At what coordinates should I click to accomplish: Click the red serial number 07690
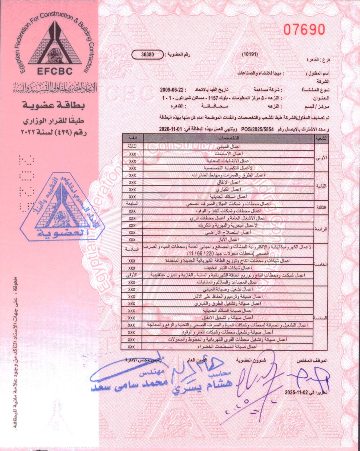pos(304,30)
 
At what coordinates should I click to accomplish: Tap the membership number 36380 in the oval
pos(147,54)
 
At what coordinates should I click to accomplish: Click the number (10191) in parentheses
pos(250,54)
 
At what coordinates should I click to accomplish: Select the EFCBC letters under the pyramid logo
pos(55,71)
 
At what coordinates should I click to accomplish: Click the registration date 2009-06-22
pos(171,90)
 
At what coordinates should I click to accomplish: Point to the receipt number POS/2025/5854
pos(257,129)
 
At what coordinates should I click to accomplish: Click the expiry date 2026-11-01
pos(170,129)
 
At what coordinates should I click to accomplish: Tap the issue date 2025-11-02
pos(297,392)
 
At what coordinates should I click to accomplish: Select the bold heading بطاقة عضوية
pos(54,105)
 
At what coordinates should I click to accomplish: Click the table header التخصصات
pos(228,138)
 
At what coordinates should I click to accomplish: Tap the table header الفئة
pos(133,138)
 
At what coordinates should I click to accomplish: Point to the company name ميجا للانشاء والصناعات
pos(260,73)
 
